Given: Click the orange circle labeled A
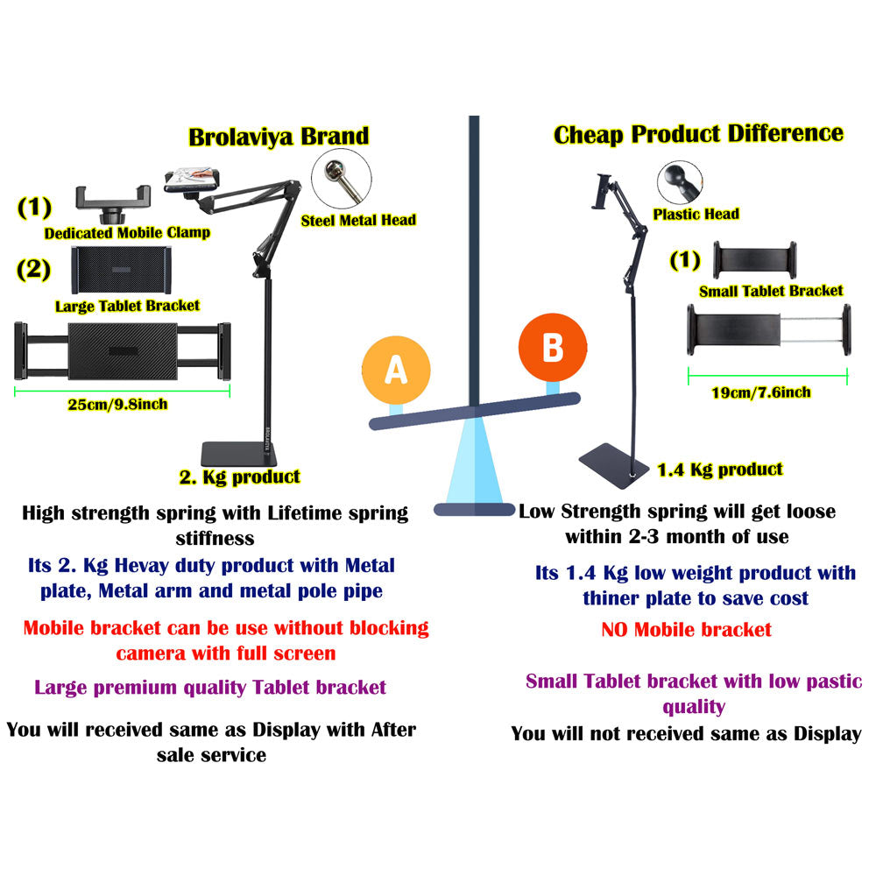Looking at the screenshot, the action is (396, 370).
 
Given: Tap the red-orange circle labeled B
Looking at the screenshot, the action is (553, 348).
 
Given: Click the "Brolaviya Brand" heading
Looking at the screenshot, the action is (279, 137).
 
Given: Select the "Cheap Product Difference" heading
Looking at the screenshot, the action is (698, 134).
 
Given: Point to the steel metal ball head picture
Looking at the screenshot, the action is (342, 179).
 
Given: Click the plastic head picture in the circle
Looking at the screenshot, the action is (680, 183).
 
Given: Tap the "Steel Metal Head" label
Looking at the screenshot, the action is (358, 221).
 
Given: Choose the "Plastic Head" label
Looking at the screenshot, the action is (696, 214).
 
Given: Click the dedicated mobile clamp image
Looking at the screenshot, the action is (113, 204).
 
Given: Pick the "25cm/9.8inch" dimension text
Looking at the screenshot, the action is (118, 405).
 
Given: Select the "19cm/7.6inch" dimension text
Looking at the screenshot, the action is (761, 392).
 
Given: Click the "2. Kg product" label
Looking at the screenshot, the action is (240, 477).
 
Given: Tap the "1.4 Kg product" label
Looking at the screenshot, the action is (720, 470).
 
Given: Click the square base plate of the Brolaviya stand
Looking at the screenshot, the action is (239, 455).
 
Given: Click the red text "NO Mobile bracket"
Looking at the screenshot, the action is (686, 630).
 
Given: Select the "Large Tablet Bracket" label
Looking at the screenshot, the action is (127, 306).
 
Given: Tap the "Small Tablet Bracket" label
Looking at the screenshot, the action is (771, 291).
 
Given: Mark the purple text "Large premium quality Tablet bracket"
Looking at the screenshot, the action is (210, 688).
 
